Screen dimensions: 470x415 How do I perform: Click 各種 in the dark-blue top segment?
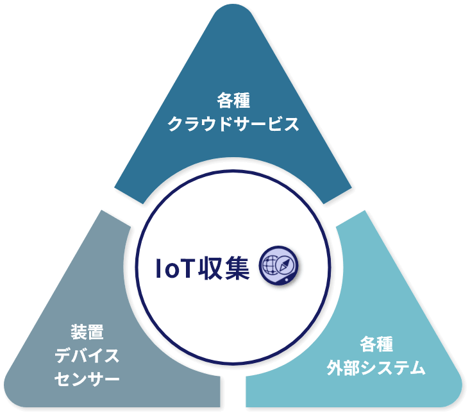click(233, 101)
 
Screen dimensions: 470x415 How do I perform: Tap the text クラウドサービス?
click(233, 124)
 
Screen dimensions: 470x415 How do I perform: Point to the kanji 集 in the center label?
click(237, 268)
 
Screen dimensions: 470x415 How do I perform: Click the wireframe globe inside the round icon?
click(271, 265)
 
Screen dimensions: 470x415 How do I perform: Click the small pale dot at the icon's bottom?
click(287, 280)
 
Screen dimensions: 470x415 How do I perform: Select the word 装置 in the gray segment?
click(87, 332)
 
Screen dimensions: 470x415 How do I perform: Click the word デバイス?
click(87, 355)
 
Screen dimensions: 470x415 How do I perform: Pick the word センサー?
click(87, 379)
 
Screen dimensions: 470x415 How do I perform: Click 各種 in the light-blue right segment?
click(376, 344)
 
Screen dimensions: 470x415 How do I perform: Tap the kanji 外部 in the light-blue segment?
click(343, 368)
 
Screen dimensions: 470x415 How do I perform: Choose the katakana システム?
click(393, 368)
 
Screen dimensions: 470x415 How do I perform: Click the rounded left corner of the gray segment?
click(9, 395)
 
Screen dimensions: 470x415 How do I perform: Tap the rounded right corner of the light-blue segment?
click(457, 395)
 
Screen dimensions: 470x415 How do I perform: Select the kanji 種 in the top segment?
click(242, 101)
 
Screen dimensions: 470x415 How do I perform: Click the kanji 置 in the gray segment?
click(96, 332)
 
